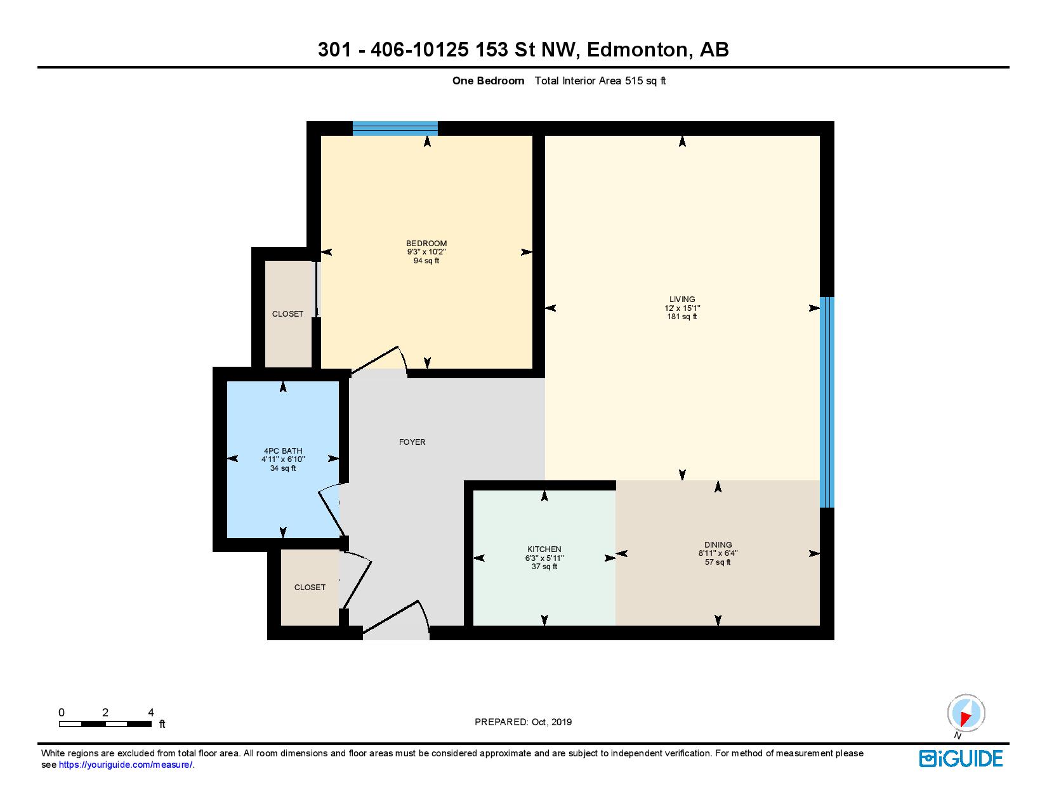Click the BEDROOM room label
(426, 244)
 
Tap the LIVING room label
(682, 299)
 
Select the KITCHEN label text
(544, 549)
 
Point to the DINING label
(718, 545)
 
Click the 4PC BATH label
(283, 451)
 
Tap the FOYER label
(412, 442)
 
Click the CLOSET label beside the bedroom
(287, 314)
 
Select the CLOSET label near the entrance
(310, 588)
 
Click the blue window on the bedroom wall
(395, 129)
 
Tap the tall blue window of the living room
(826, 402)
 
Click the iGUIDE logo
(961, 758)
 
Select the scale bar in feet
(105, 723)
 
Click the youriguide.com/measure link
(126, 765)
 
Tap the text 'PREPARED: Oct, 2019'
(523, 722)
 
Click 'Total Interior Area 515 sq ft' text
(600, 81)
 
